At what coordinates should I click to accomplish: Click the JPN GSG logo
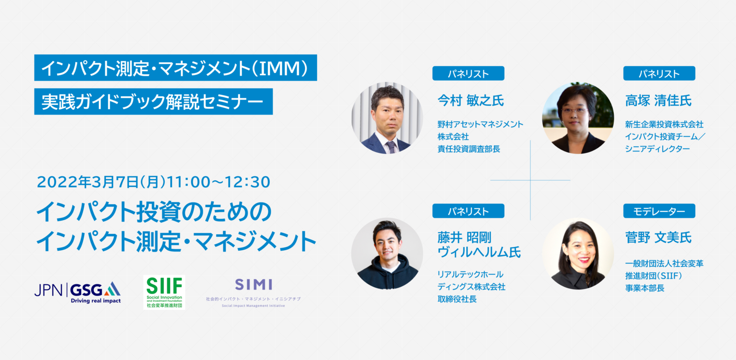coord(77,292)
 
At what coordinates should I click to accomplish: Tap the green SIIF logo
coord(164,292)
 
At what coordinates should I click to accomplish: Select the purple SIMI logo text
coord(253,284)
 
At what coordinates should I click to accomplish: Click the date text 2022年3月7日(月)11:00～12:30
coord(154,182)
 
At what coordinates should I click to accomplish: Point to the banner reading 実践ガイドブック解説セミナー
coord(153,102)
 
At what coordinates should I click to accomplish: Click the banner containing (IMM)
coord(175,68)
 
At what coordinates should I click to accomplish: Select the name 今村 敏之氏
coord(471,100)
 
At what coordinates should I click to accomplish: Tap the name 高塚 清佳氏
coord(658,100)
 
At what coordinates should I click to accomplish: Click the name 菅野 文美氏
coord(658,237)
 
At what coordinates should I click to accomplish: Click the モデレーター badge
coord(659,211)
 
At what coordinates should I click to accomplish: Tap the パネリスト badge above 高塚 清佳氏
coord(659,73)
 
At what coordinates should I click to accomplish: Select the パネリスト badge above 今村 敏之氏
coord(468,73)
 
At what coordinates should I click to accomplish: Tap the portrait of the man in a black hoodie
coord(387,254)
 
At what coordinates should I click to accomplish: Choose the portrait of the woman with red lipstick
coord(578,254)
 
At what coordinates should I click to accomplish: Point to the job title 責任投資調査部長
coord(469,149)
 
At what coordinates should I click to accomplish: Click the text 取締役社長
coord(457,299)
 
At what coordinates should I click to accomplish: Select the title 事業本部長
coord(644,288)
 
